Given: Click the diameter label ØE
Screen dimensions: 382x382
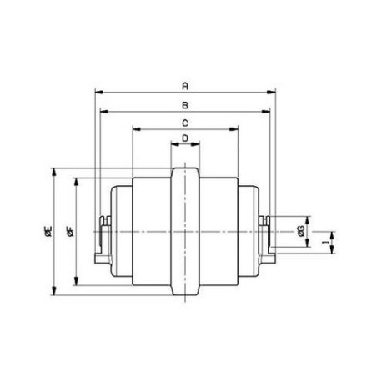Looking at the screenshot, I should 47,234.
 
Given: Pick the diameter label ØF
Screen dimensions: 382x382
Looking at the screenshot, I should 70,234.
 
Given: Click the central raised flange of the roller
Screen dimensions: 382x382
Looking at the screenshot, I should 186,232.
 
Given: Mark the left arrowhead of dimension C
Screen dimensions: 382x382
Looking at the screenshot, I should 135,129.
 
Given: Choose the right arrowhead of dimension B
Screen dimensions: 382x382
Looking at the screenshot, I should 268,110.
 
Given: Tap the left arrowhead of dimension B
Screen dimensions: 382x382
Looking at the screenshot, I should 103,110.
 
